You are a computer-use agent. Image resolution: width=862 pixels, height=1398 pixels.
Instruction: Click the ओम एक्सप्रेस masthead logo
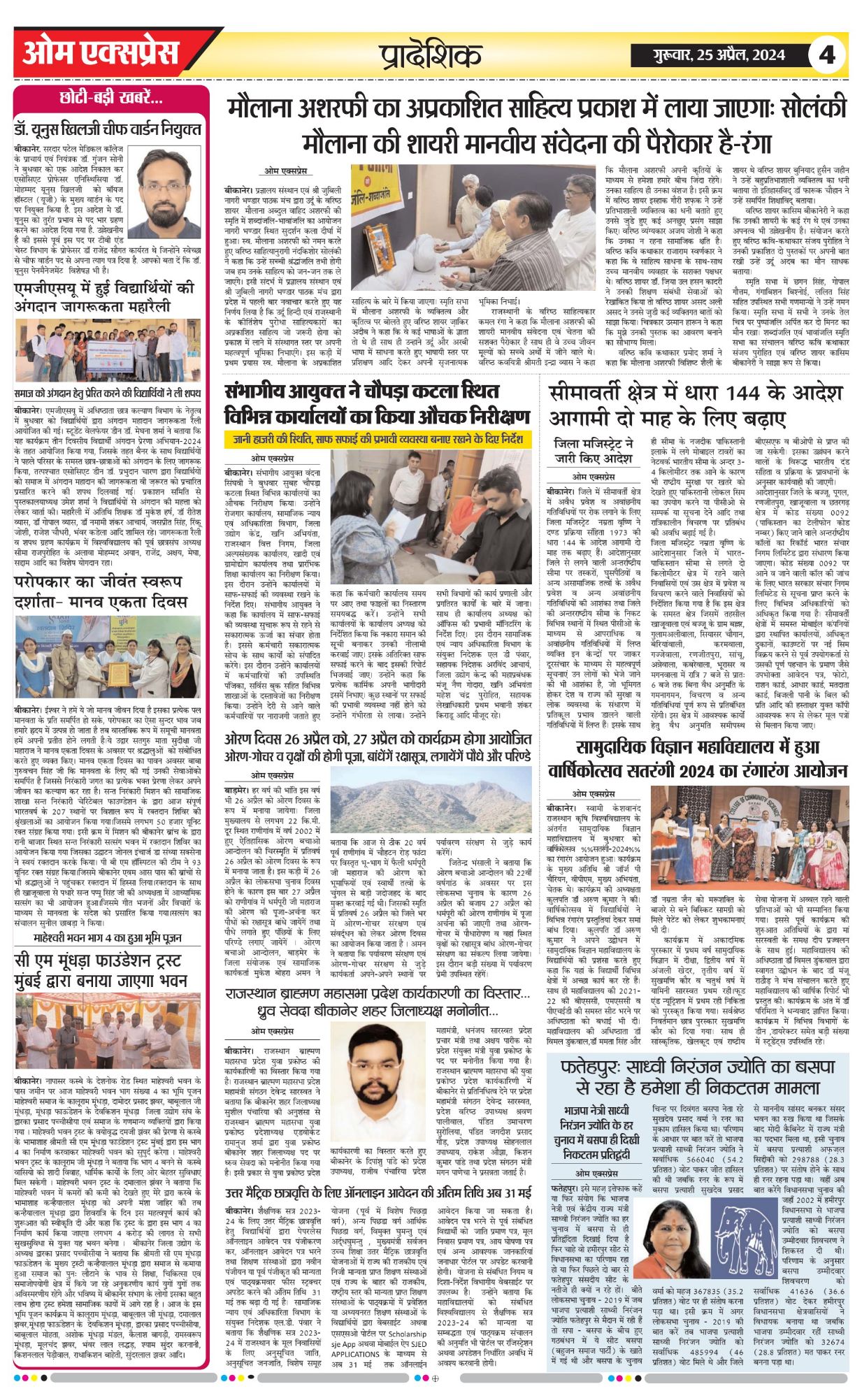pos(101,53)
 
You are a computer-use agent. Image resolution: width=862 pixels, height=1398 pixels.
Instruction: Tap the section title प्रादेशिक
pos(431,55)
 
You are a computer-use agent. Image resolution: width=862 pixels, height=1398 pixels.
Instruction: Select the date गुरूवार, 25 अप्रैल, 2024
pos(709,55)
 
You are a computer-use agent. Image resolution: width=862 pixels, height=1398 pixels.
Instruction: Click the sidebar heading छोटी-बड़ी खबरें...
pos(111,98)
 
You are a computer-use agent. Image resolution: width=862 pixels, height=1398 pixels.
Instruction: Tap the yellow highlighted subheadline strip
pos(378,439)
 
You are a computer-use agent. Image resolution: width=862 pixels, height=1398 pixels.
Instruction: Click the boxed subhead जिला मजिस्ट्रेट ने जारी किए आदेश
pos(593,451)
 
